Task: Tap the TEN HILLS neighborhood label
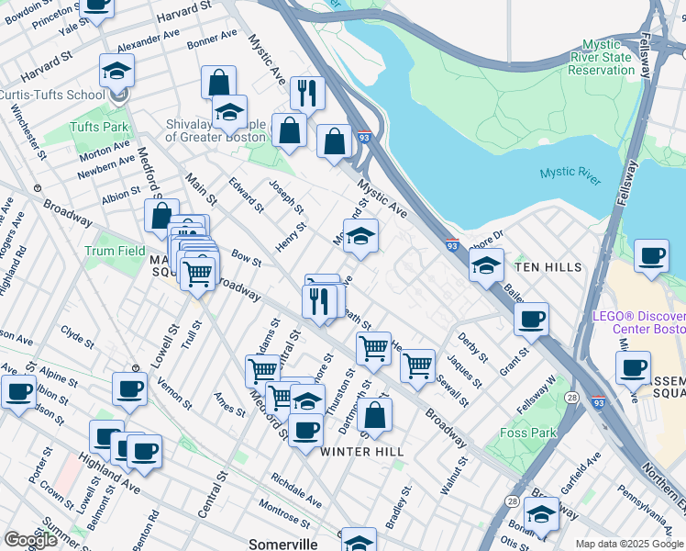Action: [x=548, y=267]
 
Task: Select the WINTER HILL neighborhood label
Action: [x=357, y=451]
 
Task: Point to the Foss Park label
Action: [x=529, y=433]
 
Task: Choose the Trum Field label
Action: [x=116, y=251]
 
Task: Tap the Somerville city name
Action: [x=283, y=544]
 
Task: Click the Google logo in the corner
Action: [x=30, y=540]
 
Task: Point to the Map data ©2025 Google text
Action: [x=629, y=544]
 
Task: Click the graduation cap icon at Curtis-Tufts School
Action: [x=117, y=70]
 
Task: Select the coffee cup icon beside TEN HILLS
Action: [x=651, y=255]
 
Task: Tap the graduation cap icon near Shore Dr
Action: [x=486, y=265]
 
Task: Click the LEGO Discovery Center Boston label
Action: [x=638, y=322]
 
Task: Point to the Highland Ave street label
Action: [x=108, y=472]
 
